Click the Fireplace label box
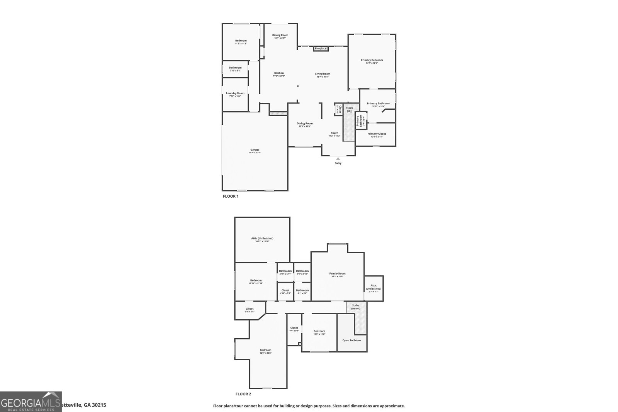coord(321,49)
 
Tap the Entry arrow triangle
coord(338,158)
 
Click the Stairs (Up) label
coord(349,109)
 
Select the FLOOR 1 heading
coord(231,196)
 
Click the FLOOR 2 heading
coord(243,394)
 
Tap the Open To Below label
coord(352,340)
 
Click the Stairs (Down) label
coord(356,307)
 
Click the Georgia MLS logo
coord(31,402)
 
